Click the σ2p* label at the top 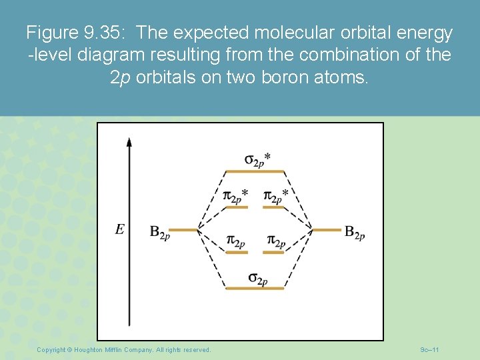click(257, 159)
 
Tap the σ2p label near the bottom click(257, 278)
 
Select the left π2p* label click(235, 195)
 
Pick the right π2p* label click(276, 195)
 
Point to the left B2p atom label click(159, 232)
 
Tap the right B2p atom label click(354, 232)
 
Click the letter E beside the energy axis click(119, 229)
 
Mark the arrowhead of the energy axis click(129, 142)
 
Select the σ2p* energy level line click(255, 171)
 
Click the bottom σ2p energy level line click(255, 289)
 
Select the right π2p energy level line click(273, 253)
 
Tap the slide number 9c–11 click(429, 349)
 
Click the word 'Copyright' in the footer click(53, 349)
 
